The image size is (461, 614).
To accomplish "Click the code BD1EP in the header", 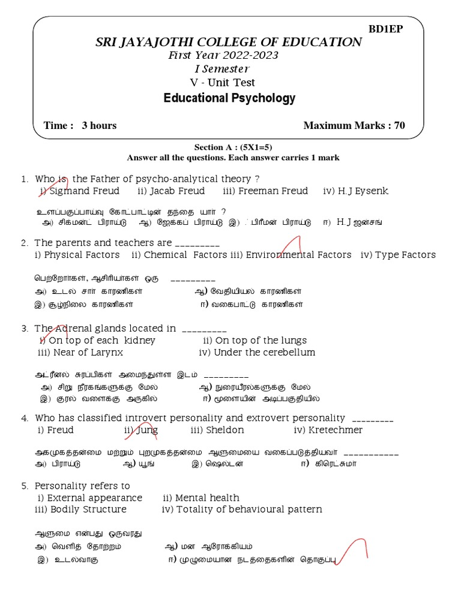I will tap(385, 29).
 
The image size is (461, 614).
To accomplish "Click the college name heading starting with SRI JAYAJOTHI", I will tap(229, 42).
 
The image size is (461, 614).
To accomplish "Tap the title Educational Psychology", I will tap(229, 98).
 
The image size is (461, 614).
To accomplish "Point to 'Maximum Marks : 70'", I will tap(354, 125).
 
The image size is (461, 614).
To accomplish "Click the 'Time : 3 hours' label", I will tap(80, 125).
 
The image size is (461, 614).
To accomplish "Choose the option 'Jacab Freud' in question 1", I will tap(171, 191).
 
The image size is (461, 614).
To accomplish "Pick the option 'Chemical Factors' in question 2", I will tap(179, 255).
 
